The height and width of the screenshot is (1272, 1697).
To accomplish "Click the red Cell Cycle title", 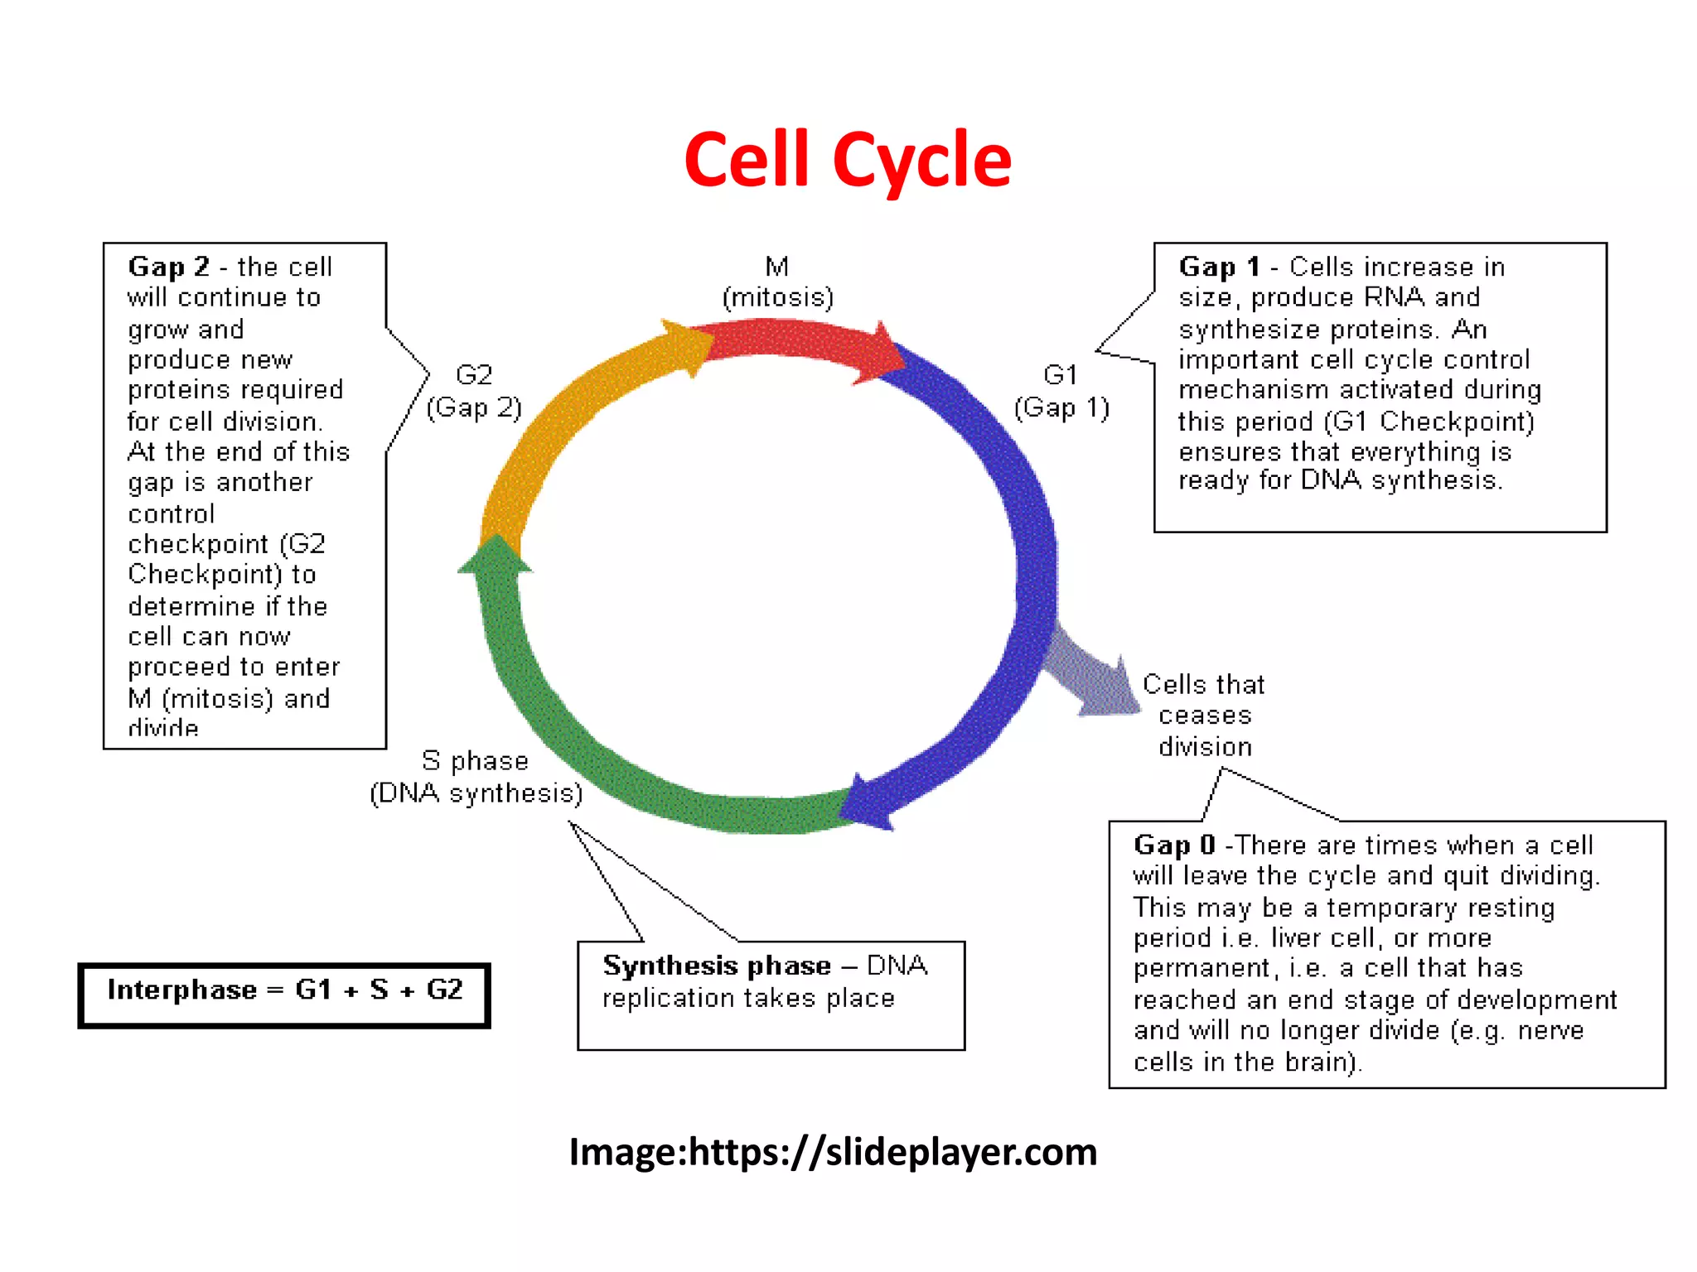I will click(x=847, y=159).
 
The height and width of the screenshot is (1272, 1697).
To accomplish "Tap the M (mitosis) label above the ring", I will click(x=777, y=282).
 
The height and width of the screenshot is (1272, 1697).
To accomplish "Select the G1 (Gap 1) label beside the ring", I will click(x=1061, y=392).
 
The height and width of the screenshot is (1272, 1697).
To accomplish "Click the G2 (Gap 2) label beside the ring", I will click(x=474, y=392).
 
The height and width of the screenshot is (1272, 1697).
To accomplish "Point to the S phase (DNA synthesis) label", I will click(x=476, y=777).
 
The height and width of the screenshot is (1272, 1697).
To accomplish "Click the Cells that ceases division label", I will click(x=1204, y=715).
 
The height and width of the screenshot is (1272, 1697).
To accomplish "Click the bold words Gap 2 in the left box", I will click(x=168, y=267).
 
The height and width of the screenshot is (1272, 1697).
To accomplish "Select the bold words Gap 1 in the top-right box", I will click(x=1219, y=267).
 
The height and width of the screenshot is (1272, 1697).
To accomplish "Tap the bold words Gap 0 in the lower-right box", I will click(x=1174, y=845).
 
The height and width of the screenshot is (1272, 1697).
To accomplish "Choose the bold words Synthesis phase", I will click(x=716, y=966).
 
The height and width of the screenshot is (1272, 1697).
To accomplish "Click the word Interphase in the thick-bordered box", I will click(x=181, y=990).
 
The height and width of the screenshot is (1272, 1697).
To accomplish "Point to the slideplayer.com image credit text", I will click(x=833, y=1152).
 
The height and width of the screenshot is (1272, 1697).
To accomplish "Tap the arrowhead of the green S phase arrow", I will click(x=496, y=553).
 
